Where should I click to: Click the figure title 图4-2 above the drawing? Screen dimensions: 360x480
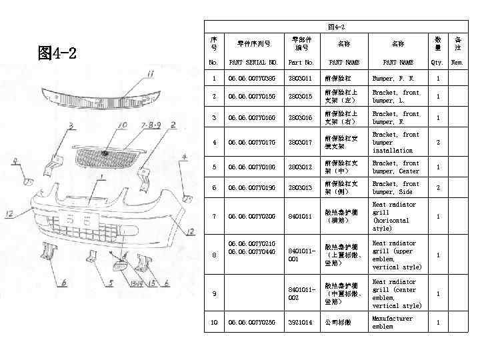click(57, 53)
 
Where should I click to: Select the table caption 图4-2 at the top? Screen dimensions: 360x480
click(337, 27)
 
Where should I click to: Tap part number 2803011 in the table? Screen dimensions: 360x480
click(300, 79)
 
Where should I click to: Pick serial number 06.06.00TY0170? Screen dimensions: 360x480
click(251, 142)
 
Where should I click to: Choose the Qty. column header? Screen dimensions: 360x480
click(437, 63)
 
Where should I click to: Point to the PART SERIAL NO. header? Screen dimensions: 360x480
click(253, 63)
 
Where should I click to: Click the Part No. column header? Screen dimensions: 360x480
click(300, 63)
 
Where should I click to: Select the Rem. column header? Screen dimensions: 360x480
click(457, 63)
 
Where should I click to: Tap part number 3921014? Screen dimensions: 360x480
click(300, 323)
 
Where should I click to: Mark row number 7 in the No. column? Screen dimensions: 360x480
click(213, 216)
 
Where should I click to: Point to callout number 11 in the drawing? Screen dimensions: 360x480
click(151, 74)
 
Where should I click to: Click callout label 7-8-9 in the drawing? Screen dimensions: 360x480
click(150, 125)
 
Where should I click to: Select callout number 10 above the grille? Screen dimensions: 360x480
click(122, 125)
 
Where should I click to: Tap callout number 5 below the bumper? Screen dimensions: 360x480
click(111, 283)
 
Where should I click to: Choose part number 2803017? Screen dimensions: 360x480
click(300, 142)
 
